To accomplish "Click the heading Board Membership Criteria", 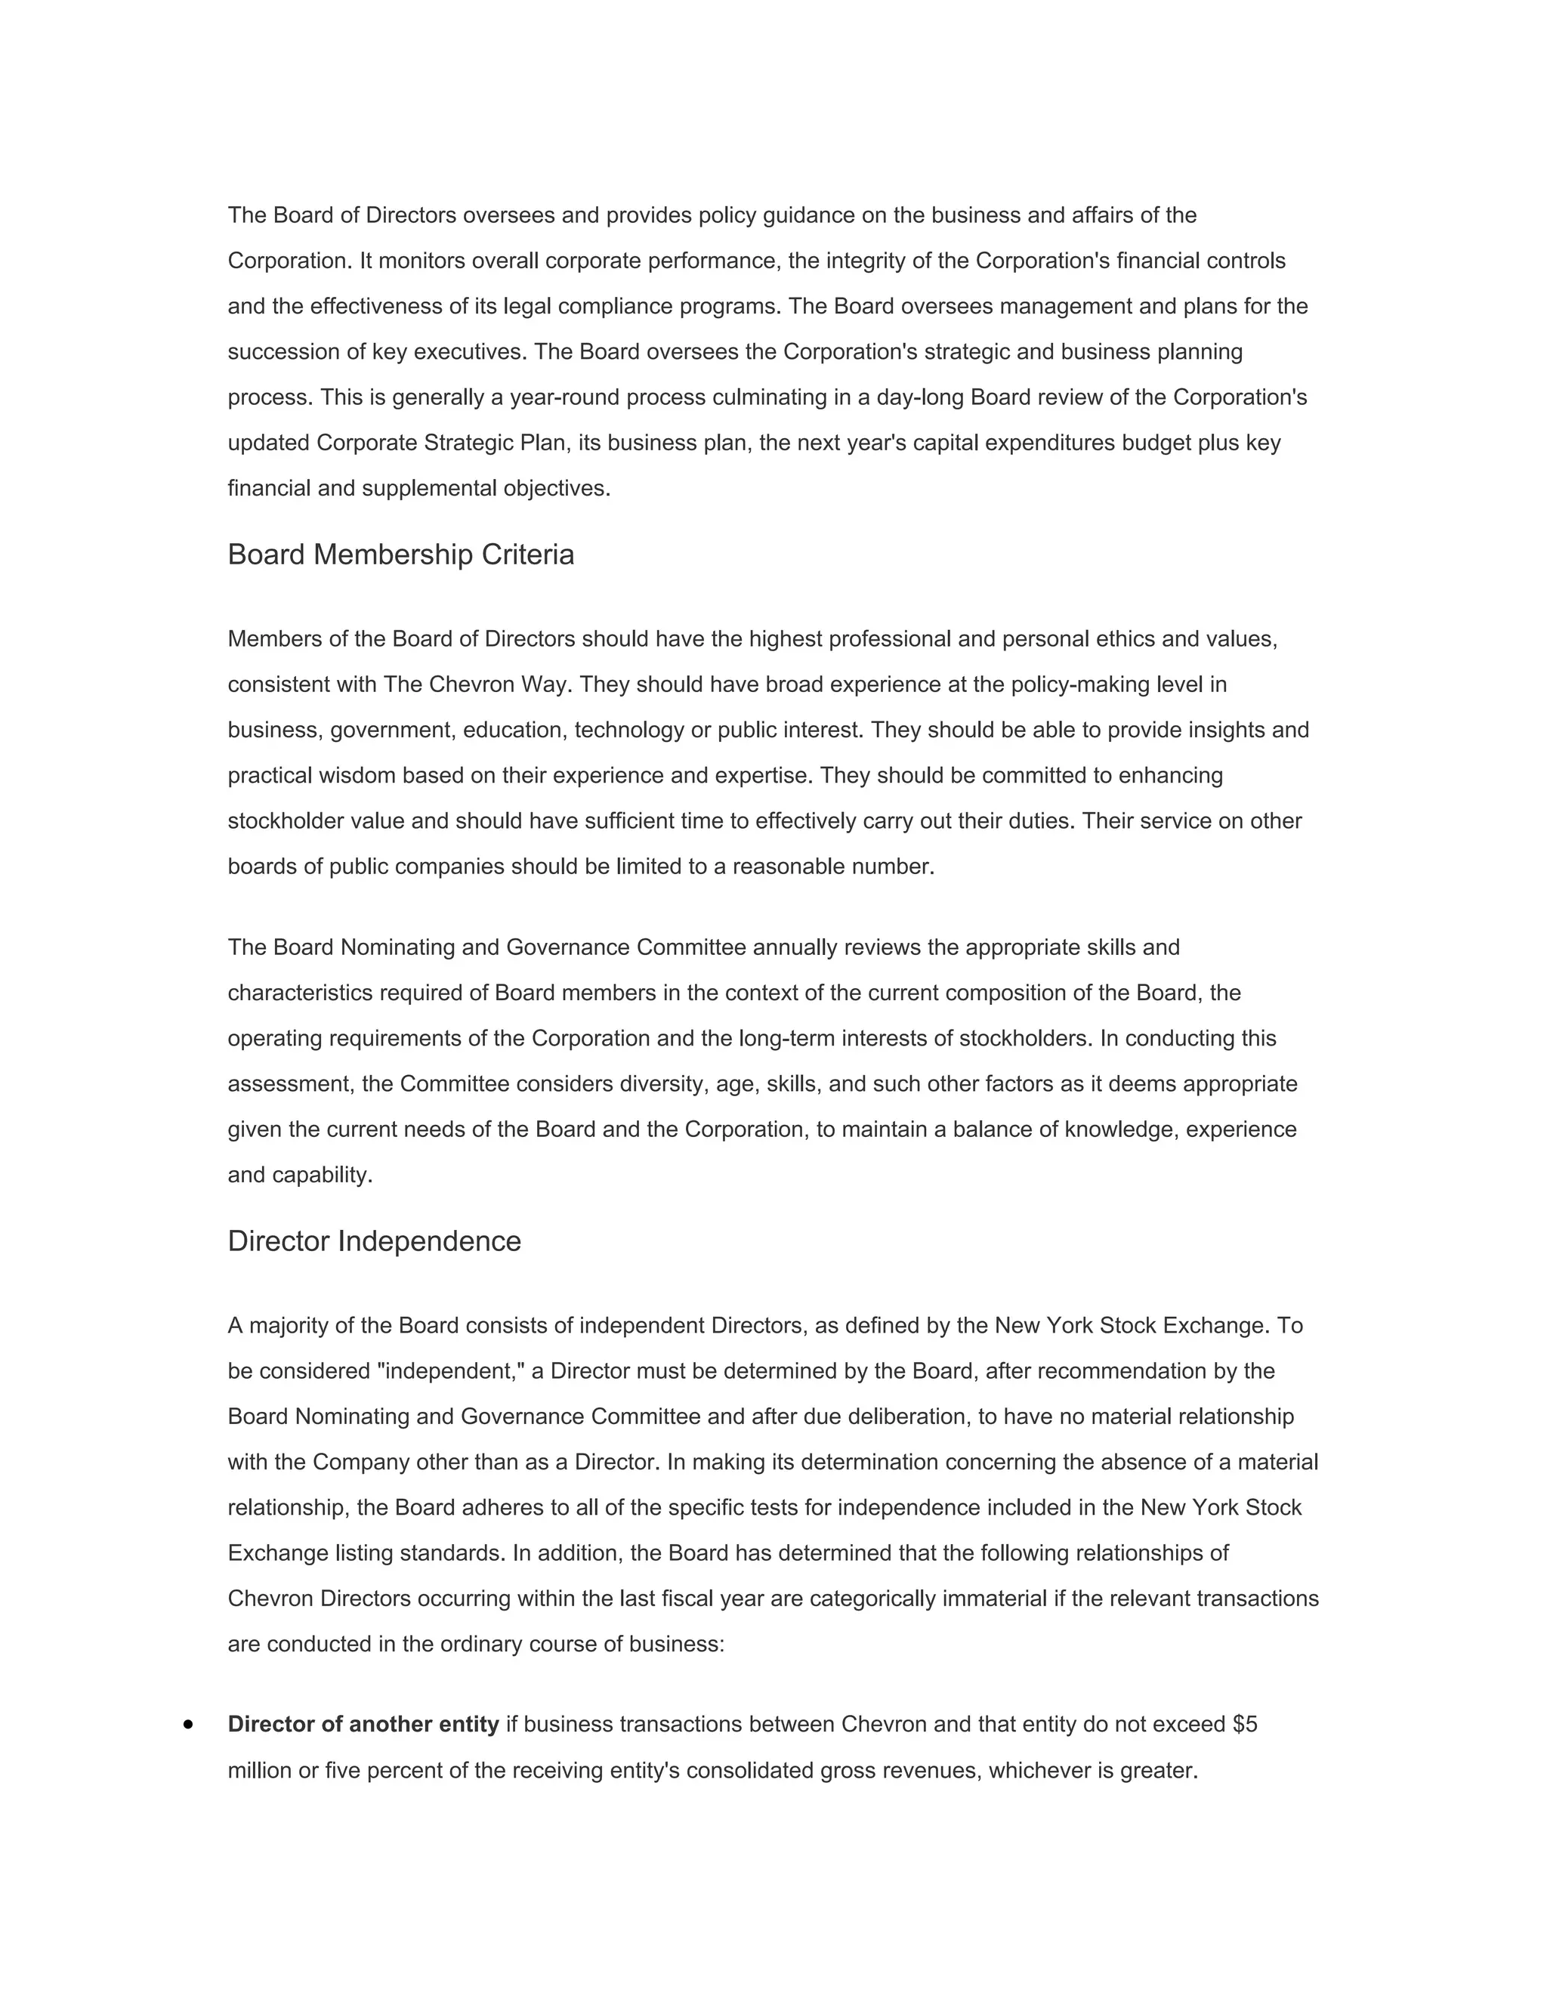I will (x=400, y=555).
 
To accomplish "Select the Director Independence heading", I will (x=374, y=1241).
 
